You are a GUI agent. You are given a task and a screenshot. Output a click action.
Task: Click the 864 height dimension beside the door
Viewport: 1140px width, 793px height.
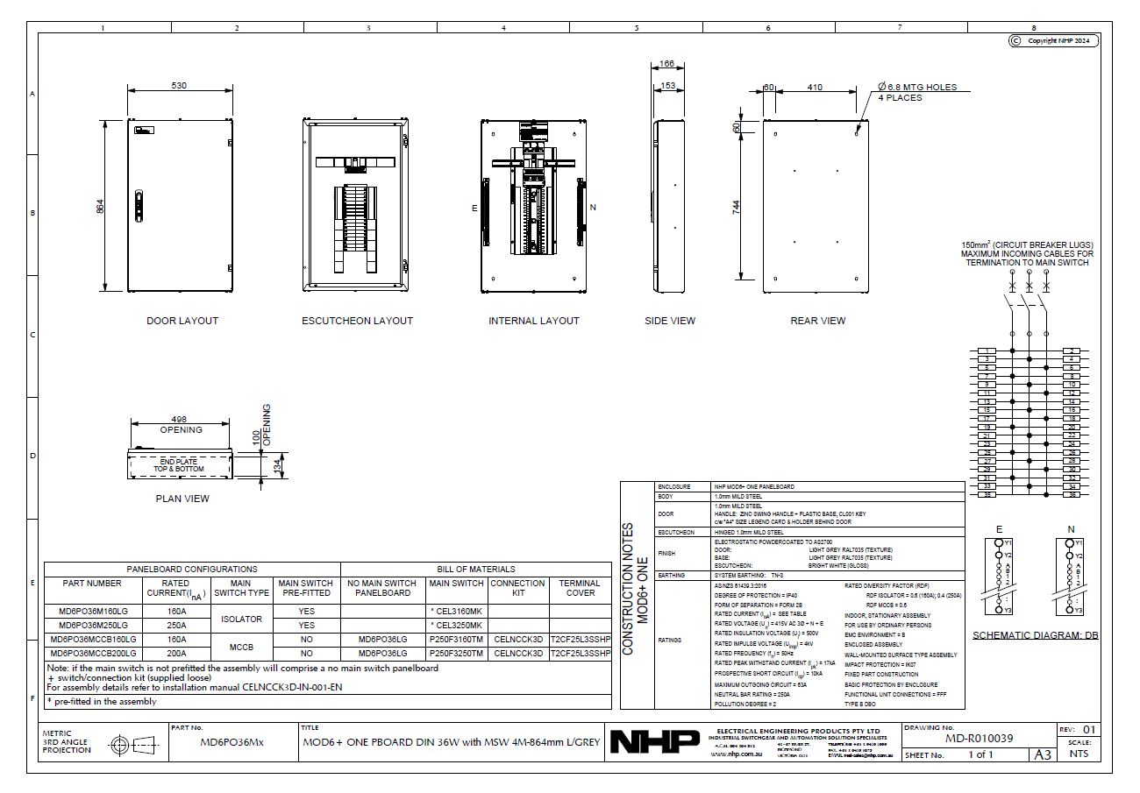point(100,207)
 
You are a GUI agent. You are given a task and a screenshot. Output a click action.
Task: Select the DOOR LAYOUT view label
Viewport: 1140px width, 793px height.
point(182,321)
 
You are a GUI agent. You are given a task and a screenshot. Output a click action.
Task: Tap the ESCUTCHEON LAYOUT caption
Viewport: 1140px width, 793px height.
point(357,321)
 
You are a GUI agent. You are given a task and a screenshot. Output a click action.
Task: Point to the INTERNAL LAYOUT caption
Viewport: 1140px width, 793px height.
point(533,321)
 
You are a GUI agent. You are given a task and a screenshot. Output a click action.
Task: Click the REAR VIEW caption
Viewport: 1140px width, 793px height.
point(817,321)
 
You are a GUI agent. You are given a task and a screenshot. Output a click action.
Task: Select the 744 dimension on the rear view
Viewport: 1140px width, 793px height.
point(737,207)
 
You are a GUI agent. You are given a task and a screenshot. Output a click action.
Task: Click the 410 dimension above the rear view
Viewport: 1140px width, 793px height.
point(815,88)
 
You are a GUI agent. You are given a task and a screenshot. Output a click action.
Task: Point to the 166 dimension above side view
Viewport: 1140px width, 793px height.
point(667,64)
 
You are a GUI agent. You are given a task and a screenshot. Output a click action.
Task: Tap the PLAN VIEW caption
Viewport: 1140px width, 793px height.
point(182,499)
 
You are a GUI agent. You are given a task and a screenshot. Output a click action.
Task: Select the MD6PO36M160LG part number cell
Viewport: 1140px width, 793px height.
point(92,612)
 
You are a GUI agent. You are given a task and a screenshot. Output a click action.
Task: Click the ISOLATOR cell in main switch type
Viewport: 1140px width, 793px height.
point(240,619)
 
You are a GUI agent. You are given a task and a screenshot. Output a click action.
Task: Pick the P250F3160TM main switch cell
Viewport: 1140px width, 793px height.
point(456,640)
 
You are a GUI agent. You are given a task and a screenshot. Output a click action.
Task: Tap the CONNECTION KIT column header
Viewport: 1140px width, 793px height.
point(517,588)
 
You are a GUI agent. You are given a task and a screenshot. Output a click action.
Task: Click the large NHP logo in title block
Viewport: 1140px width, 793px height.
point(655,742)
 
